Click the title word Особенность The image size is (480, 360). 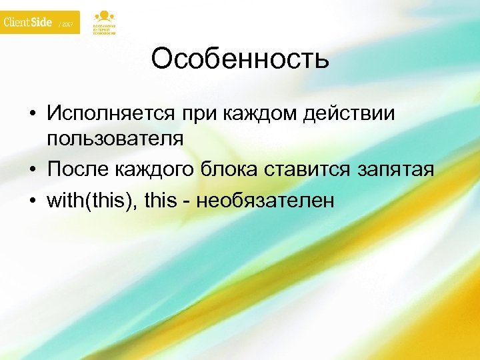[x=240, y=59]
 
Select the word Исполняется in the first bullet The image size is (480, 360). [x=111, y=114]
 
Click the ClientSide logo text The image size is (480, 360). [x=28, y=23]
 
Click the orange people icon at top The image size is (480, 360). [x=103, y=16]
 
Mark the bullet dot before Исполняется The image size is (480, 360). [x=32, y=115]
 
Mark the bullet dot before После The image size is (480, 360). [x=32, y=171]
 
